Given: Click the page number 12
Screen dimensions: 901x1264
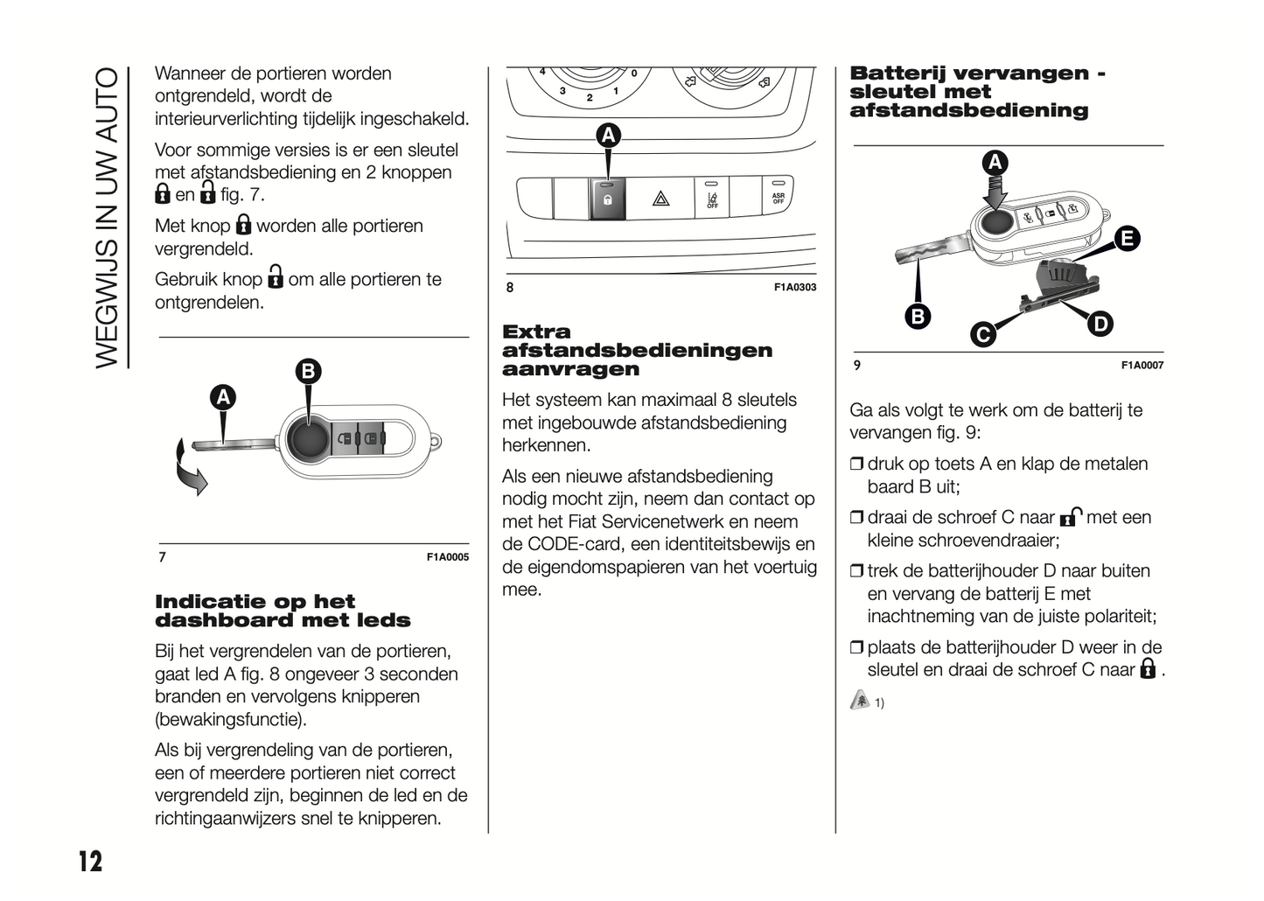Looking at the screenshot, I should click(x=90, y=861).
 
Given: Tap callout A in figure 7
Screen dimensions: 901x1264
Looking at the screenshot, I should click(x=224, y=398).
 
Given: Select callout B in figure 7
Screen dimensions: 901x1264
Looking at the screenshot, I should click(x=308, y=372).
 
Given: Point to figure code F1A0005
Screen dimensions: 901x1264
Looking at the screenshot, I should click(x=447, y=557).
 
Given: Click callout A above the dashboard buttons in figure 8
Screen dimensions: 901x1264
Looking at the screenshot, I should click(x=608, y=136).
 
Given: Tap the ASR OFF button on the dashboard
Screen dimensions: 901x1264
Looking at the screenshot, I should click(x=778, y=198).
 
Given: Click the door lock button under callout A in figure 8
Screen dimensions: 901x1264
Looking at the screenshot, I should click(x=607, y=199).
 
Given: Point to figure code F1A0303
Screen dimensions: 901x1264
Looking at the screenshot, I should click(x=794, y=287).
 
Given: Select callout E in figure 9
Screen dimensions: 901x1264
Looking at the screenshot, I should click(x=1127, y=238).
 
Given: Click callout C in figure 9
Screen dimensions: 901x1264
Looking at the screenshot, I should click(x=983, y=334).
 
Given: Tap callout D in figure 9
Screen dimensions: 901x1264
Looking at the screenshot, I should click(x=1100, y=325).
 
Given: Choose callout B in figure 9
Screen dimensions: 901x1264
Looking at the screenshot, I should click(x=917, y=316).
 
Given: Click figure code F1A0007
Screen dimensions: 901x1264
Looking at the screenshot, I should click(x=1142, y=366).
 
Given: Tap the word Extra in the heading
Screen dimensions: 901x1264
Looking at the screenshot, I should click(x=536, y=332).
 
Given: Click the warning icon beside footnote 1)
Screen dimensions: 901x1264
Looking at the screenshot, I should click(x=860, y=700).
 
